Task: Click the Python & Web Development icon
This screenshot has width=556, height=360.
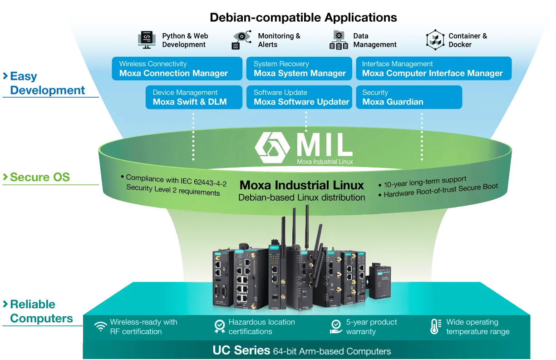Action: click(x=147, y=40)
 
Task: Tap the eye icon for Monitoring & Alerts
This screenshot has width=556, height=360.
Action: click(x=242, y=39)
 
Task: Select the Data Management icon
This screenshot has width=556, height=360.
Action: click(x=339, y=40)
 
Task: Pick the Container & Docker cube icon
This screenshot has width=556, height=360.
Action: click(x=435, y=40)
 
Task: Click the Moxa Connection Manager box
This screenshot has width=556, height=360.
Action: click(x=177, y=69)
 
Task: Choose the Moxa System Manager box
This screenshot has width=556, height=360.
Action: click(x=299, y=69)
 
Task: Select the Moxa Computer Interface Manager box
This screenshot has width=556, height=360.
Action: click(x=433, y=69)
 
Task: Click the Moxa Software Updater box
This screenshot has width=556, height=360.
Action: click(x=299, y=97)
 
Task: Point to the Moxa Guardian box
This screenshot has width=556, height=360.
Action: click(x=408, y=97)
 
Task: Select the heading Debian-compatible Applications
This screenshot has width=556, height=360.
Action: click(x=303, y=18)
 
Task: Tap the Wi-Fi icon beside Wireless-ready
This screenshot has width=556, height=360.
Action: click(x=100, y=327)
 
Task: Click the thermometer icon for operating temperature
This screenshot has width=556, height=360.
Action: click(x=435, y=326)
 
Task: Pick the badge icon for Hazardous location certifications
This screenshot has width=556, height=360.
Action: click(x=220, y=326)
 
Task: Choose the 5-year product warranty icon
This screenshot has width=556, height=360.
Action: click(x=336, y=326)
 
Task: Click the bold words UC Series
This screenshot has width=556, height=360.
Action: click(x=241, y=350)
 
